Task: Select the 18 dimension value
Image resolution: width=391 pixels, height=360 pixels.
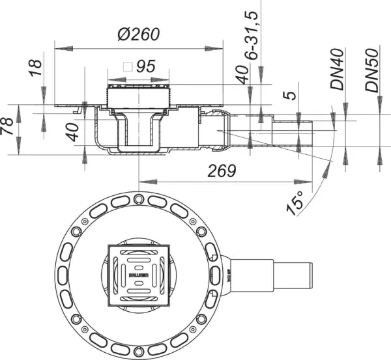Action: (36, 67)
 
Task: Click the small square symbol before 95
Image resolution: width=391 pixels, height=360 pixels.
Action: (128, 66)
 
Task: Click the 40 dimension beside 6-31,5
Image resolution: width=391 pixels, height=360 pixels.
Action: (242, 75)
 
